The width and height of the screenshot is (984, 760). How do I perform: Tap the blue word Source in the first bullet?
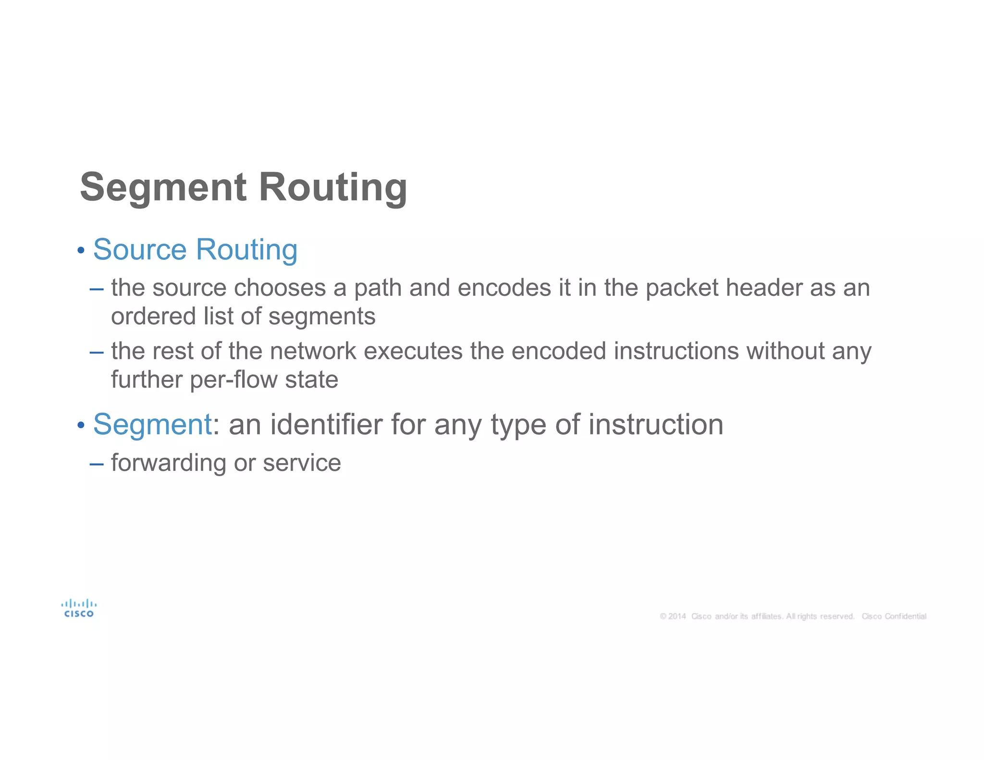tap(139, 250)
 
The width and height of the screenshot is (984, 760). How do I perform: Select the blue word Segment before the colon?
tap(152, 425)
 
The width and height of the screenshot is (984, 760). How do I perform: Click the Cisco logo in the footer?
tap(79, 608)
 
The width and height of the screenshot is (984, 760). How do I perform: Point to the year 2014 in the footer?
tap(676, 616)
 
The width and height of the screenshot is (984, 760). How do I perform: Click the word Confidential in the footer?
tap(905, 616)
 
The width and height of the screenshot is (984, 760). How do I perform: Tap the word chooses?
tap(280, 288)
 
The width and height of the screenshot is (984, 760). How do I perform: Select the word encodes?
tap(504, 288)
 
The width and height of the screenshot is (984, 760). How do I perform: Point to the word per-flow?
tap(234, 380)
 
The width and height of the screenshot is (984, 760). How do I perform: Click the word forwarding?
tap(169, 463)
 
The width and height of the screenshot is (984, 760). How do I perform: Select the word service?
tap(302, 463)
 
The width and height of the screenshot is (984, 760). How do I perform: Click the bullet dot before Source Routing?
tap(81, 251)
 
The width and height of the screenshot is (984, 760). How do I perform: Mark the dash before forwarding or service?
tap(96, 464)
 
